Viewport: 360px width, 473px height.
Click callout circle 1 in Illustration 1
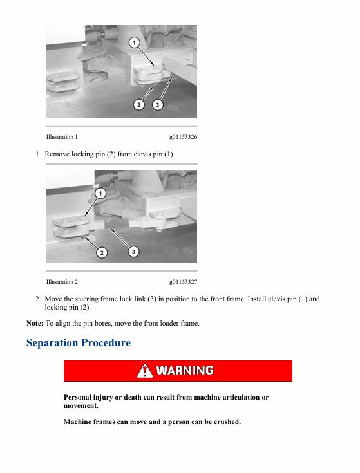pos(135,42)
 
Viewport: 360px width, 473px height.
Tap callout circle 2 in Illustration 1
pos(139,105)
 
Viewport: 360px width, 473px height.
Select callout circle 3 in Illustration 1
pos(157,105)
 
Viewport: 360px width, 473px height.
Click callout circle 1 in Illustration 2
pos(100,193)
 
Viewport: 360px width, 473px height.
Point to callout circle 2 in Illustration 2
pos(102,252)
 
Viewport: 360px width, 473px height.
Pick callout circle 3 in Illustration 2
pos(133,251)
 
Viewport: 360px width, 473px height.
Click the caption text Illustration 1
pos(62,137)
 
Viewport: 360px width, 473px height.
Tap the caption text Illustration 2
pos(62,282)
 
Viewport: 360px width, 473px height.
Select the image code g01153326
pos(183,137)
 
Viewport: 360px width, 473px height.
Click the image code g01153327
pos(183,282)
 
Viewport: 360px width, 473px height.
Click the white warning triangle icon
pos(144,371)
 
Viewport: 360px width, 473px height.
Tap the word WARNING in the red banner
pos(185,371)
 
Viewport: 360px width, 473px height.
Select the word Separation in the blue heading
pos(52,343)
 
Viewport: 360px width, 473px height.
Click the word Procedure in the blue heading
pos(106,342)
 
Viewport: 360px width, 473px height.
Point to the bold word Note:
pos(35,323)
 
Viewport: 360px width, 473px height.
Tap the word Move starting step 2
pos(53,299)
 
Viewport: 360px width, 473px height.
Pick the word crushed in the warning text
pos(227,422)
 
